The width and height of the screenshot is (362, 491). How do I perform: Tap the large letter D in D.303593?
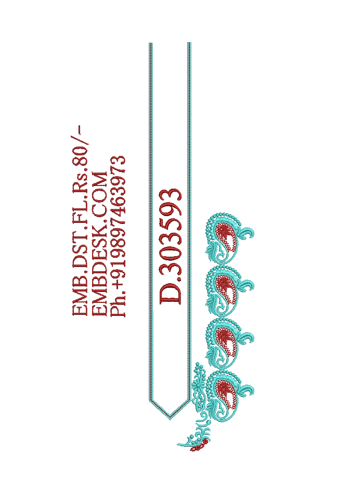click(x=171, y=293)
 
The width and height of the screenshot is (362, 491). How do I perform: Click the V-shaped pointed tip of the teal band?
click(x=170, y=418)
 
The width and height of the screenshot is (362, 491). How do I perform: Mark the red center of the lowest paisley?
click(x=226, y=393)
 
